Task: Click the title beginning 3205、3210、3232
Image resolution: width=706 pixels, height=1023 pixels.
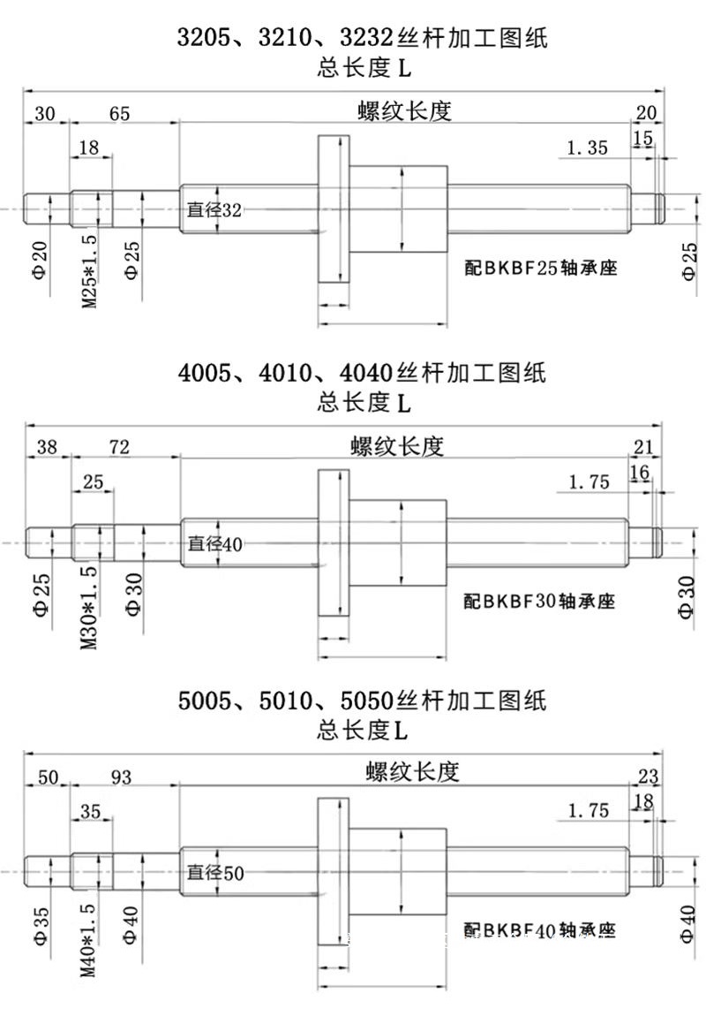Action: tap(362, 38)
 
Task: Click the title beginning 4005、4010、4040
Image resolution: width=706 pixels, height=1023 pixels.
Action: tap(362, 372)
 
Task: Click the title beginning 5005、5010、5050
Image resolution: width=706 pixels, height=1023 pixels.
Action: tap(362, 701)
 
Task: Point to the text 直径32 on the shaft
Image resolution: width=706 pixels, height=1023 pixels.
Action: tap(214, 209)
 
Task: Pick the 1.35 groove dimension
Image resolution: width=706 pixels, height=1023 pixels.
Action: tap(587, 148)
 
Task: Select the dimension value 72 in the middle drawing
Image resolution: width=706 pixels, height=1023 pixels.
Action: tap(119, 448)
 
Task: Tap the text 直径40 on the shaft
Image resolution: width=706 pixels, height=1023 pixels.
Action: tap(214, 544)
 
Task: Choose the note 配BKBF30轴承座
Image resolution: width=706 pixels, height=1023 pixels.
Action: tap(540, 602)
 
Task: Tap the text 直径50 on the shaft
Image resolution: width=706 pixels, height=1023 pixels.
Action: tap(214, 874)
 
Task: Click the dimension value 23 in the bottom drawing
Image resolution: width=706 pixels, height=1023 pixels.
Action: tap(649, 777)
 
